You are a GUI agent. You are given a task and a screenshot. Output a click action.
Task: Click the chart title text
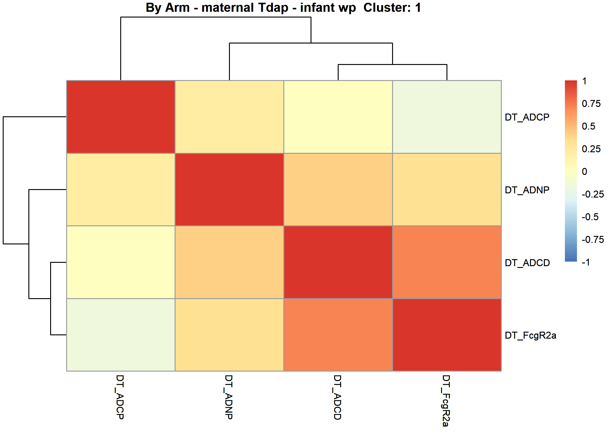(x=283, y=8)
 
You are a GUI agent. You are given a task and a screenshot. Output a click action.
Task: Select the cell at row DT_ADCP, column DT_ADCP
(x=121, y=117)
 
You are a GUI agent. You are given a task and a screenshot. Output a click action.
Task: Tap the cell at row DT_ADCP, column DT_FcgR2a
(x=447, y=117)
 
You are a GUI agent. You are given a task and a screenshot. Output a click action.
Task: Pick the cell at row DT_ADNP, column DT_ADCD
(x=338, y=189)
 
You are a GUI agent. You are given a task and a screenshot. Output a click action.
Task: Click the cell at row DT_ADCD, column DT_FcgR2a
(x=447, y=262)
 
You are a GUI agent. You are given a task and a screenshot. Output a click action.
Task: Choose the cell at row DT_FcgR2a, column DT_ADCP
(x=121, y=335)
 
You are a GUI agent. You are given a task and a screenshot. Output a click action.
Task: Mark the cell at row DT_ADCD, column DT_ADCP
(x=121, y=262)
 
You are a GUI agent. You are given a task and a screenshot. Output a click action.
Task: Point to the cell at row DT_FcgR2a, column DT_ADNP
(x=229, y=335)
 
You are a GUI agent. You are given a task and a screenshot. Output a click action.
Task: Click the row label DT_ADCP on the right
(x=527, y=117)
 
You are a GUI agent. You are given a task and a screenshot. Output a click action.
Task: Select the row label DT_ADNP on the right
(x=527, y=190)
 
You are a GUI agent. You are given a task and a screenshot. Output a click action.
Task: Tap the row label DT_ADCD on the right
(x=527, y=263)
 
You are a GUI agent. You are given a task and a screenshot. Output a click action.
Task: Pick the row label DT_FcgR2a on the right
(x=530, y=336)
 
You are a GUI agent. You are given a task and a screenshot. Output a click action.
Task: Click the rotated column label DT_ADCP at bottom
(x=120, y=397)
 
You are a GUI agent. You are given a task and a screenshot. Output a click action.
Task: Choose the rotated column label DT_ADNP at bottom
(x=229, y=397)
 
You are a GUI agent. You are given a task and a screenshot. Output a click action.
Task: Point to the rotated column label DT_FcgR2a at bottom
(x=446, y=401)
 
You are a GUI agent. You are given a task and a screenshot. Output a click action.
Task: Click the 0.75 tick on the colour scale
(x=591, y=104)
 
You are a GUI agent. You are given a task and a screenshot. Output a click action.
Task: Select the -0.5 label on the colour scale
(x=590, y=217)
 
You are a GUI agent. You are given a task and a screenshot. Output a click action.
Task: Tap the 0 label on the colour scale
(x=585, y=172)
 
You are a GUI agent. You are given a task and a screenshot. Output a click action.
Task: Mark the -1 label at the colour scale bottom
(x=586, y=262)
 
